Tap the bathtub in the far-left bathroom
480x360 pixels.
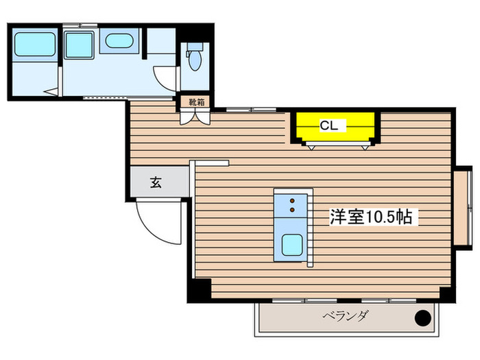click(34, 45)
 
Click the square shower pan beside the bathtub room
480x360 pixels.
click(78, 45)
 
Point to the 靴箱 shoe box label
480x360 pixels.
click(196, 102)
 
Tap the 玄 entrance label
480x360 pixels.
click(156, 183)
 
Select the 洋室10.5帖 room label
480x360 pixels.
click(370, 217)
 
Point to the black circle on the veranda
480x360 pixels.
click(424, 318)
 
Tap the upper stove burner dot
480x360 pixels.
click(291, 200)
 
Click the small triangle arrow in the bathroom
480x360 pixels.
click(47, 91)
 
